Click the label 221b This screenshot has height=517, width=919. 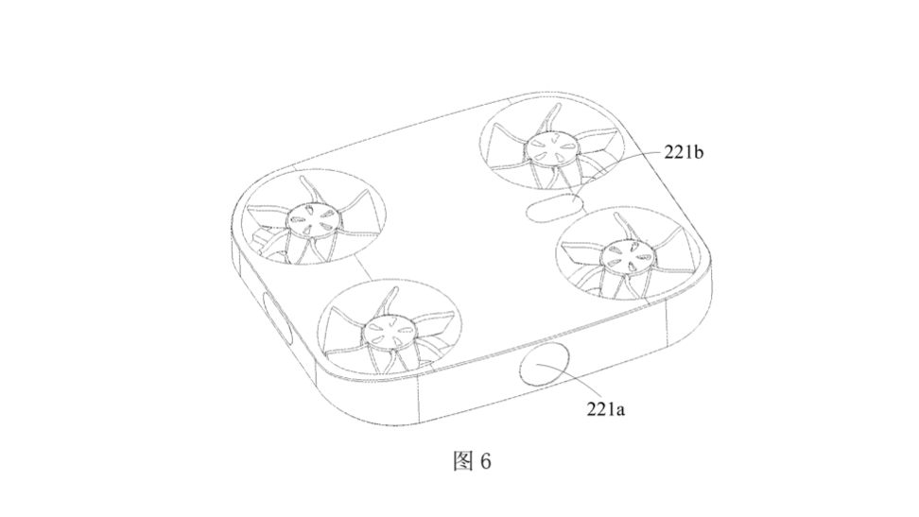(684, 152)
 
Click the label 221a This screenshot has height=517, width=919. (605, 408)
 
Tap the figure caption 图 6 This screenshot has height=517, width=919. (472, 461)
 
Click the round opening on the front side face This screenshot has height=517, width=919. (546, 365)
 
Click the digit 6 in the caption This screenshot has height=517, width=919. (485, 462)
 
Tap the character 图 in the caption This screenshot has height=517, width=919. (462, 461)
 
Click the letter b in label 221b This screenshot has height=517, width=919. (699, 152)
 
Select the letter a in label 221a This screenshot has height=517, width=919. (620, 410)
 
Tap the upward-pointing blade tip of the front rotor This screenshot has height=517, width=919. (390, 289)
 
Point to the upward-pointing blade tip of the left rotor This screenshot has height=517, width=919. (302, 178)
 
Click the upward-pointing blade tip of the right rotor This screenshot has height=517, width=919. (617, 215)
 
